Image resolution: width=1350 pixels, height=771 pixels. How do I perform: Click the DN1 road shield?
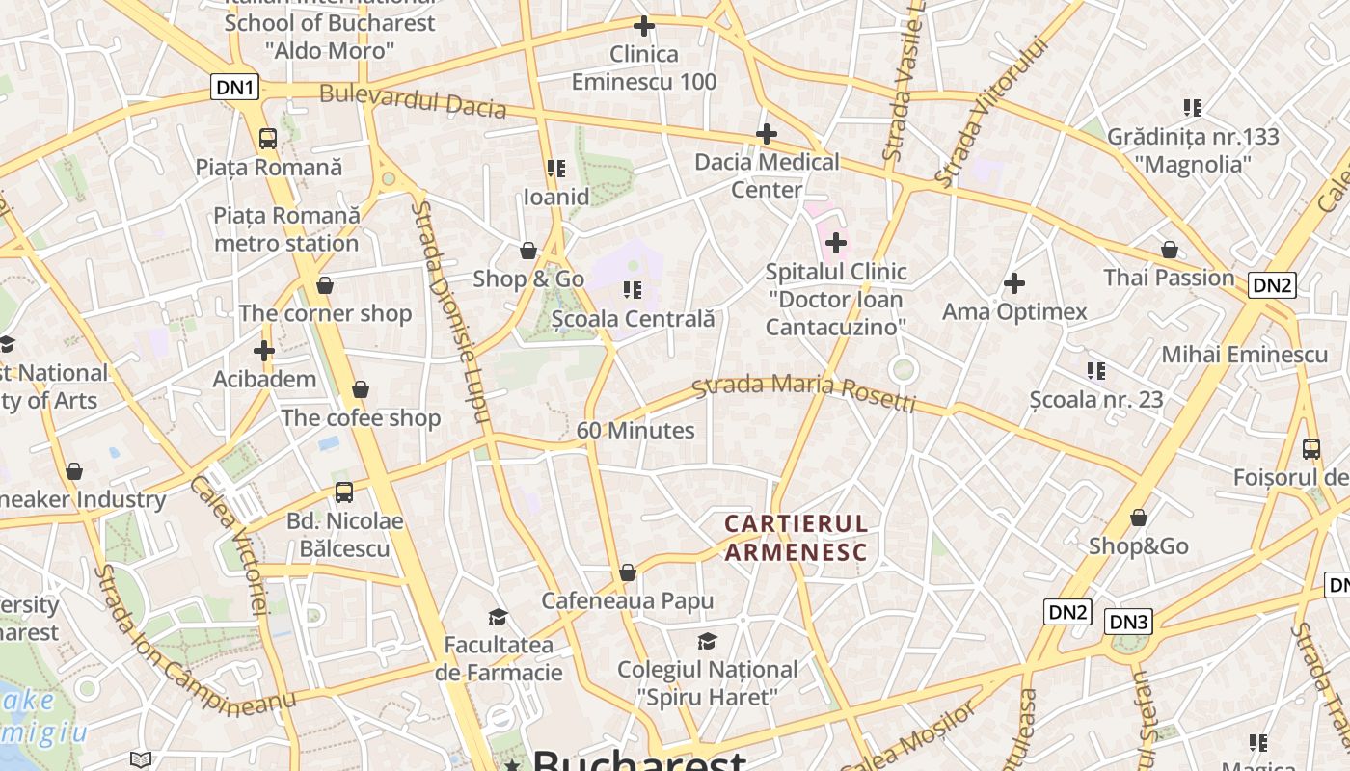pos(235,88)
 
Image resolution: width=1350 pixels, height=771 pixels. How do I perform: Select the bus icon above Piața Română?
pos(268,139)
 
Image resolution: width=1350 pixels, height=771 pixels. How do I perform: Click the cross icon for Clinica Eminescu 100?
pos(643,26)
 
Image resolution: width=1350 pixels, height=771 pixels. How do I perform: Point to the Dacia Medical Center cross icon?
pos(767,133)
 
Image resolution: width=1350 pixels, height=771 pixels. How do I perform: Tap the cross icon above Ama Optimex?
pos(1013,283)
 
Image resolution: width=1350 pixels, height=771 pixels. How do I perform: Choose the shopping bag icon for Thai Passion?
pos(1169,251)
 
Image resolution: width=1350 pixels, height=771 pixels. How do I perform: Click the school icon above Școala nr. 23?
pos(1095,370)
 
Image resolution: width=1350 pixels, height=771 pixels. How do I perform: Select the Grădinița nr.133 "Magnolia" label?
pos(1193,150)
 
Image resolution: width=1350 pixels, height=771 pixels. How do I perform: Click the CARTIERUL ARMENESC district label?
pos(796,538)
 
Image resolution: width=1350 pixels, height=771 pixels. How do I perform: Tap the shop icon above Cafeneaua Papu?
pos(628,573)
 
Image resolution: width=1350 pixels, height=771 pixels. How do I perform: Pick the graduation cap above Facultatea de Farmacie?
pos(498,617)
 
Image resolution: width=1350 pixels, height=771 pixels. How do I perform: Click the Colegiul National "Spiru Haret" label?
pos(707,682)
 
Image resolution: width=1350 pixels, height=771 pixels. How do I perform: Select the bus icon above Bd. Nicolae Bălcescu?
pos(344,492)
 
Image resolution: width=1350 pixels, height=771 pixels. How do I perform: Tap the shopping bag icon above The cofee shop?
pos(360,389)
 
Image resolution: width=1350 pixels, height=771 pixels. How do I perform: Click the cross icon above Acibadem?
pos(264,351)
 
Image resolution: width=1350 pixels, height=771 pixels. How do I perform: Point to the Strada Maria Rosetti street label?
pos(804,389)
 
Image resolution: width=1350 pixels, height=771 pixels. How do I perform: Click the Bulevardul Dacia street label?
pos(413,100)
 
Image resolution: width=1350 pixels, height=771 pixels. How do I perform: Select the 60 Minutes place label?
pos(635,431)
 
